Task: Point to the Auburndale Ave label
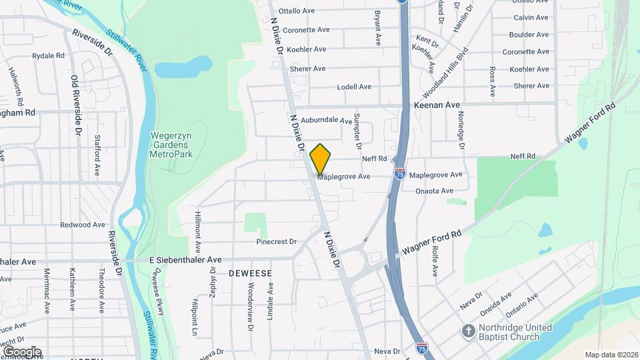pos(326,121)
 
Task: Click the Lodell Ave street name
pos(354,87)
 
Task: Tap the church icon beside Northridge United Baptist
pos(469,331)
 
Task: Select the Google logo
pos(21,351)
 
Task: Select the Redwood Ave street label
pos(83,225)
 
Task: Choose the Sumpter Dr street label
pos(357,129)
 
